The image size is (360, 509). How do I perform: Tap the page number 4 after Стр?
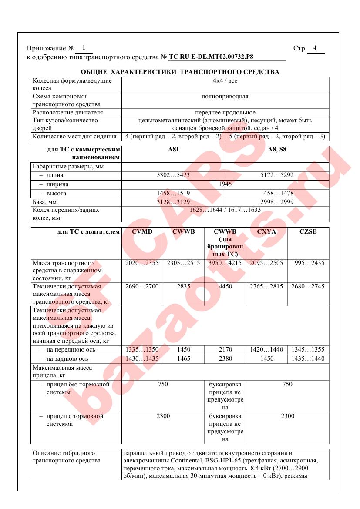click(315, 48)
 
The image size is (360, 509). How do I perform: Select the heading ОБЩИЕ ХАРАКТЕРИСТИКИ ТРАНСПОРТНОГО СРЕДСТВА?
click(180, 72)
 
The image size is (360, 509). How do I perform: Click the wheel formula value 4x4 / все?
click(225, 81)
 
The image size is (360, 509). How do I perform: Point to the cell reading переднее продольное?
click(225, 113)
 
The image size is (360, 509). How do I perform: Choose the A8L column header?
click(173, 150)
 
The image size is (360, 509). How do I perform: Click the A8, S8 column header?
click(277, 150)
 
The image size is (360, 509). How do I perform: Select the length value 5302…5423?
click(173, 175)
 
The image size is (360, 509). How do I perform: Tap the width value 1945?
click(225, 184)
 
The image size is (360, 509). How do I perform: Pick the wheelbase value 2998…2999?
click(277, 202)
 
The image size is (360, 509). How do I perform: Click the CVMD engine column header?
click(142, 232)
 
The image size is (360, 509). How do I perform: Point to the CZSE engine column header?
click(308, 232)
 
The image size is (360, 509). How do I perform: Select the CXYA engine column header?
click(267, 232)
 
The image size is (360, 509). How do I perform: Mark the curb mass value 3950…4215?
click(225, 263)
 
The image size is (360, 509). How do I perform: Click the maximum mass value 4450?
click(225, 287)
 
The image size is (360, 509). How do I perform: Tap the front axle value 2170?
click(225, 350)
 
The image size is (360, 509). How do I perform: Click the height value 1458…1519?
click(173, 193)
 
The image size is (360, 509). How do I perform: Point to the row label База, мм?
click(44, 202)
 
